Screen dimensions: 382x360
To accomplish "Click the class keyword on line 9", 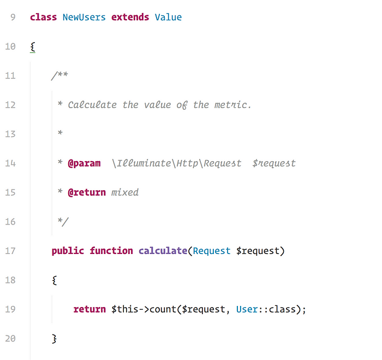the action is (43, 17).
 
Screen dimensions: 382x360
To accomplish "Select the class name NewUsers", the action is (84, 17).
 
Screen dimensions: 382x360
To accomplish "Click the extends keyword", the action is (130, 17).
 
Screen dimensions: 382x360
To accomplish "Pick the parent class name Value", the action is (168, 17).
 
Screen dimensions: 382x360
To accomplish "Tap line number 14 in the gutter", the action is (10, 163).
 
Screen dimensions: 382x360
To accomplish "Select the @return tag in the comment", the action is (86, 192).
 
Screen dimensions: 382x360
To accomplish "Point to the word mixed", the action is (125, 192).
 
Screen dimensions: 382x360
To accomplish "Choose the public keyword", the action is (68, 251).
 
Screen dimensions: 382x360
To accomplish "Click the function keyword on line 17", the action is (111, 251).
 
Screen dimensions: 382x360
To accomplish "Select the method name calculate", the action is (163, 251).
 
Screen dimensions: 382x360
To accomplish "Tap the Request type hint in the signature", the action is (212, 251).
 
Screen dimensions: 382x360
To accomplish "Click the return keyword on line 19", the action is (89, 309).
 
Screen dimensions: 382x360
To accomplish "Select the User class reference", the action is (247, 309).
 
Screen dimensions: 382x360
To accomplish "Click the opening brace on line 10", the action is (33, 47).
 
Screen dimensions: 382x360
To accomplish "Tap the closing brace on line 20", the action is (55, 339).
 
